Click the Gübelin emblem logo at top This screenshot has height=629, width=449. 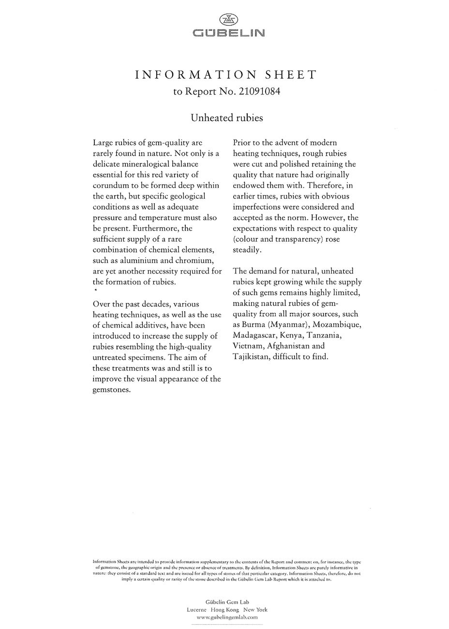(229, 20)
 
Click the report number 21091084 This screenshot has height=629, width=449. (258, 91)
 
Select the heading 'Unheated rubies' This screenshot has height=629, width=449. (226, 118)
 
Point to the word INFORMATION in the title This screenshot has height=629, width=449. (195, 75)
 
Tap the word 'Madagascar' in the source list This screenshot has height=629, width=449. (254, 335)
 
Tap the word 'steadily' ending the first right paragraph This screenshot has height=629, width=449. (247, 250)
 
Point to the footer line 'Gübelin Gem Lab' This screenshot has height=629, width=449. (227, 602)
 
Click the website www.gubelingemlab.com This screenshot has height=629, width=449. (227, 617)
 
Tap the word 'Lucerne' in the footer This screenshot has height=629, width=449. (196, 610)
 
